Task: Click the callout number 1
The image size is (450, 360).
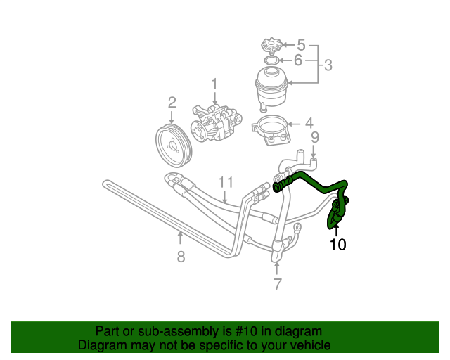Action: coord(214,84)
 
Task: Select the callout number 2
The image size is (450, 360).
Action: coord(172,104)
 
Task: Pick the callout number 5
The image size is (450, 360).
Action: coord(301,44)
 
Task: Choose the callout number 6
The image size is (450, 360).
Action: coord(298,60)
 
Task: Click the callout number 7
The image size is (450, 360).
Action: coord(277,284)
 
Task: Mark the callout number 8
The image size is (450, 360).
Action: coord(181,257)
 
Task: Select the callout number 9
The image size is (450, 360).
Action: coord(314,136)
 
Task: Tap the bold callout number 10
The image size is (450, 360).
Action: coord(338,244)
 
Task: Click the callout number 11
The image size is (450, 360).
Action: coord(224,182)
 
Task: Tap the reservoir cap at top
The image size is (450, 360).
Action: coord(270,46)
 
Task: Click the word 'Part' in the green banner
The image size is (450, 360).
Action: coord(108,331)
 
